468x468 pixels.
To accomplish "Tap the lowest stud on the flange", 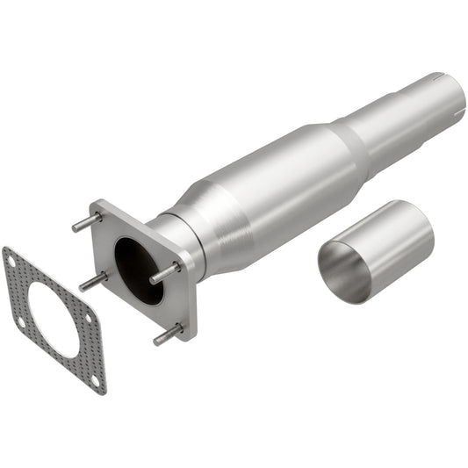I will point(167,335).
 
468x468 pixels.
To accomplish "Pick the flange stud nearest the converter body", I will point(163,273).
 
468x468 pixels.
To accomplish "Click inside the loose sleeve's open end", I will point(342,272).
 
